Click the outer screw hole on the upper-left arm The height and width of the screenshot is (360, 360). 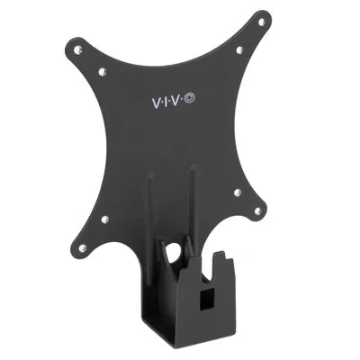pos(77,49)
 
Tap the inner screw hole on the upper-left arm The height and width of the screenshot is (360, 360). pos(103,71)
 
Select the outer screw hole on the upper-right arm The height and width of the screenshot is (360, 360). pos(261,22)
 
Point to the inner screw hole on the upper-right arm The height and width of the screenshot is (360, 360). pos(239,49)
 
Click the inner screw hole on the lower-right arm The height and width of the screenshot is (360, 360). pos(237,193)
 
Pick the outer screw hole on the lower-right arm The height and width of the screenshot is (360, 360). pos(257,211)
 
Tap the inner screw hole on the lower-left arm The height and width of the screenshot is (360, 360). pos(105,220)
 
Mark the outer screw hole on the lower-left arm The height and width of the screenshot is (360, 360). pos(82,247)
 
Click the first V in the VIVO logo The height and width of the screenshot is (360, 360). pos(157,103)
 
